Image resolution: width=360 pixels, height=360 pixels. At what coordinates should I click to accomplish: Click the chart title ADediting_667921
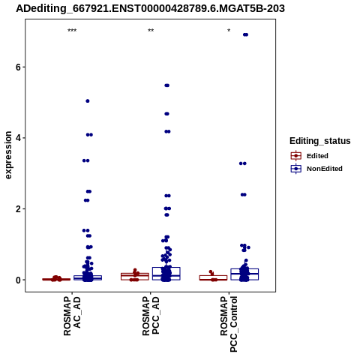pyautogui.click(x=151, y=9)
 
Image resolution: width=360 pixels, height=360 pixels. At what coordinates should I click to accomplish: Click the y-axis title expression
pyautogui.click(x=8, y=155)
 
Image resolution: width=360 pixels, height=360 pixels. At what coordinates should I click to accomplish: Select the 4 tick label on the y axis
pyautogui.click(x=18, y=138)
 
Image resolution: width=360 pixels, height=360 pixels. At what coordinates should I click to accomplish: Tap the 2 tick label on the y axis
pyautogui.click(x=18, y=208)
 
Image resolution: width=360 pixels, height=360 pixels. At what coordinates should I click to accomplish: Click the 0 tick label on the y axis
pyautogui.click(x=18, y=280)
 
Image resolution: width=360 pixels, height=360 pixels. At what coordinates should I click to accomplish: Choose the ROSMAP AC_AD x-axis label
pyautogui.click(x=72, y=316)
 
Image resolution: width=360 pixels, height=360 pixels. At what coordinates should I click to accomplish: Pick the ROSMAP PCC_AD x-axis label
pyautogui.click(x=151, y=316)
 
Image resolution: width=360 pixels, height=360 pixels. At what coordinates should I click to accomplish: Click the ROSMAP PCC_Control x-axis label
pyautogui.click(x=229, y=324)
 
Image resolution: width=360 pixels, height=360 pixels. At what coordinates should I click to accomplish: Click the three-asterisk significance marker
pyautogui.click(x=72, y=31)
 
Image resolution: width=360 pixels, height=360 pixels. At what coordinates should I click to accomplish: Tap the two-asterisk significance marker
pyautogui.click(x=151, y=31)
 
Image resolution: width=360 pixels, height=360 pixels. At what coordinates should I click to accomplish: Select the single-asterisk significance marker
pyautogui.click(x=229, y=31)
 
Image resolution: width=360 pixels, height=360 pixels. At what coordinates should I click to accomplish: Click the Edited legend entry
pyautogui.click(x=310, y=156)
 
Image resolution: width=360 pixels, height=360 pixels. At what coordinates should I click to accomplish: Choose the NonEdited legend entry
pyautogui.click(x=316, y=169)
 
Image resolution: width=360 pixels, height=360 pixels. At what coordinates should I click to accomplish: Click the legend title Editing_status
pyautogui.click(x=320, y=141)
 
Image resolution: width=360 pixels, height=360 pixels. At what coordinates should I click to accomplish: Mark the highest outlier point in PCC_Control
pyautogui.click(x=245, y=34)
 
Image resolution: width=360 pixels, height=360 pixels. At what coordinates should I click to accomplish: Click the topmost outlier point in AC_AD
pyautogui.click(x=88, y=101)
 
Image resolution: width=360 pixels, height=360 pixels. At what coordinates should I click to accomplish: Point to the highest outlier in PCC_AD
pyautogui.click(x=166, y=85)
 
